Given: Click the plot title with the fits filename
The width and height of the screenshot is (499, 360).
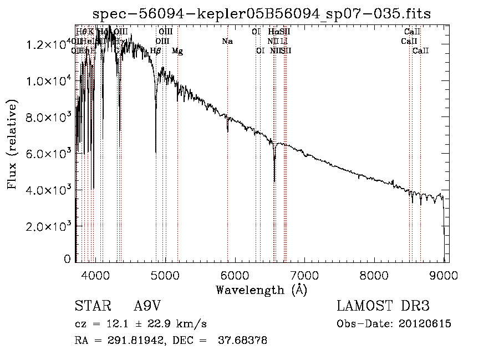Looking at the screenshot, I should tap(262, 14).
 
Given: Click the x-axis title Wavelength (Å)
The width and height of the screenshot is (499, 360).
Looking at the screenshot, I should tap(262, 290).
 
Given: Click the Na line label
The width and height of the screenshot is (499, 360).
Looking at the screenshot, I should tap(227, 42).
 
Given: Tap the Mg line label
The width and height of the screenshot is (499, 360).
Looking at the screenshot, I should tap(177, 51).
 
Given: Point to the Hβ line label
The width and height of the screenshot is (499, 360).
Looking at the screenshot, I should tap(156, 51).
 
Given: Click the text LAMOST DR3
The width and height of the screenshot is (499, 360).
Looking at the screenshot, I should tap(383, 306).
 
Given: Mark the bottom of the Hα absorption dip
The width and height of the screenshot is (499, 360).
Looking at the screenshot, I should tap(274, 181).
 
